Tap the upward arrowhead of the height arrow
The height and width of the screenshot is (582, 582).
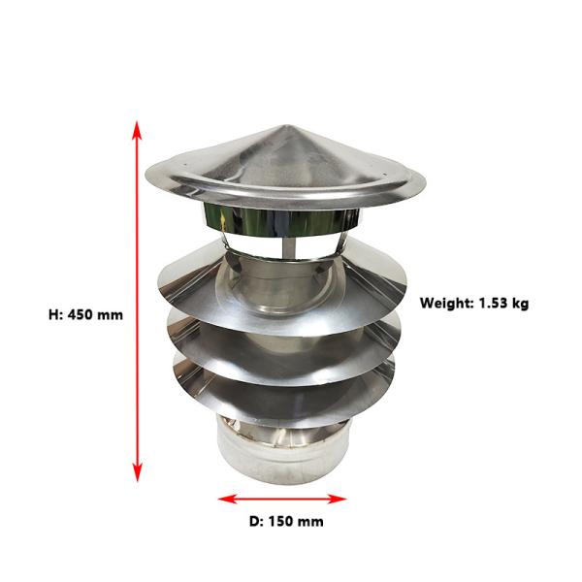(x=138, y=128)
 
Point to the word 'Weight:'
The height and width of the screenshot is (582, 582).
(x=444, y=303)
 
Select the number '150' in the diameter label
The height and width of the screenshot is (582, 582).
(x=281, y=521)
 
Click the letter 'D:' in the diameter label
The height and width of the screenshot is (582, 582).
(x=256, y=521)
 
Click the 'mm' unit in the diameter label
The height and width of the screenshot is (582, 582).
(x=310, y=521)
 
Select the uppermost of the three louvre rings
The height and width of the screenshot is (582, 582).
(x=209, y=281)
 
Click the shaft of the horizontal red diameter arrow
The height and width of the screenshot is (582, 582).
(x=282, y=500)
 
